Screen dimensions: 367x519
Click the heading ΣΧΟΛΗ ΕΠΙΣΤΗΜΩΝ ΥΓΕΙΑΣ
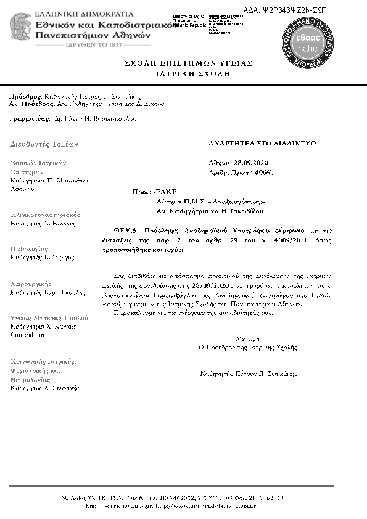pyautogui.click(x=188, y=63)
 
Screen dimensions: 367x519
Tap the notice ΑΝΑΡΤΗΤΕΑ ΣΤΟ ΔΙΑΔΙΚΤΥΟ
pyautogui.click(x=262, y=143)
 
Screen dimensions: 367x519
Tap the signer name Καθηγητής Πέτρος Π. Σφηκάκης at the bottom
pyautogui.click(x=249, y=374)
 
